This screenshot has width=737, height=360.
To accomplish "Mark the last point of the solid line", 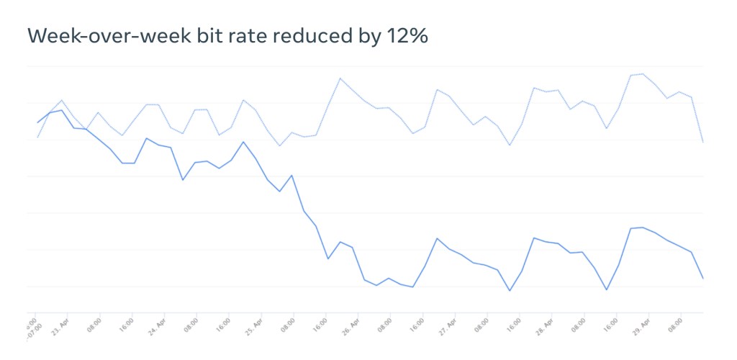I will (x=702, y=278).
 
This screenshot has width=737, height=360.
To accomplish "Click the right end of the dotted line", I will (x=702, y=142).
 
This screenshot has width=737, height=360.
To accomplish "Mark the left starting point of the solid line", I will (x=37, y=123).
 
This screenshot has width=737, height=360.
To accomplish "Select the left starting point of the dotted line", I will (x=37, y=137).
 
